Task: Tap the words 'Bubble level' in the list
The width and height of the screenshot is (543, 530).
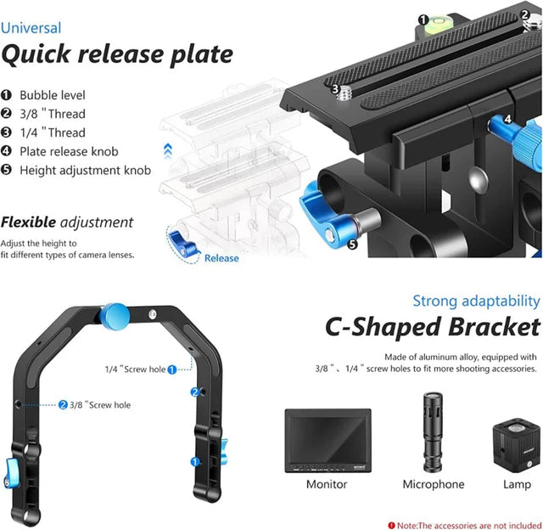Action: (53, 96)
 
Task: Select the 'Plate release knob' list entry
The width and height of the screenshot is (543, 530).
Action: (69, 151)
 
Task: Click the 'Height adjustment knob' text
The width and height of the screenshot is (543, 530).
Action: (85, 170)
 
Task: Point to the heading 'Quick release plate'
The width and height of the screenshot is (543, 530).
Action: (116, 55)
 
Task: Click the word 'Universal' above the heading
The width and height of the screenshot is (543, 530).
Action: (31, 28)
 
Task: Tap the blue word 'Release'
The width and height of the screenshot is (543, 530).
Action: (221, 258)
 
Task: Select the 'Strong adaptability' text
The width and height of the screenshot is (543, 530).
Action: (476, 301)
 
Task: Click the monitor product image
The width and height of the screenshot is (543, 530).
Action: (327, 441)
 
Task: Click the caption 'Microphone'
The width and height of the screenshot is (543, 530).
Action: (432, 484)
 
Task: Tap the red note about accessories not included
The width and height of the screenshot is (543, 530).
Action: (464, 524)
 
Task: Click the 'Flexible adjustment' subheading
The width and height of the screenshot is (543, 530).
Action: (67, 223)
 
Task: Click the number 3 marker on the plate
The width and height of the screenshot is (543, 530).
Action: (336, 87)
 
